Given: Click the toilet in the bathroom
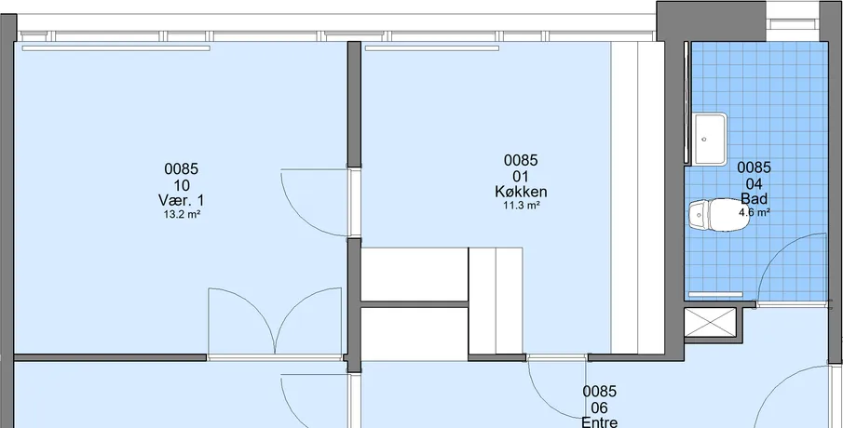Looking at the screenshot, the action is [x=718, y=215].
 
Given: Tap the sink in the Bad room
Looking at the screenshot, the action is [x=709, y=139].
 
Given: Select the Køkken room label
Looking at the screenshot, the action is [x=521, y=192].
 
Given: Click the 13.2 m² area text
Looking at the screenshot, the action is [x=182, y=215].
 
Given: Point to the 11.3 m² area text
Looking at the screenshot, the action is [x=521, y=205].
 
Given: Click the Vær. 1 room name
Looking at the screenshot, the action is [x=182, y=201].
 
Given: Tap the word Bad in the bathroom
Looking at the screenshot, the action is [x=755, y=199].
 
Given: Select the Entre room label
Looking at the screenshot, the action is [x=600, y=422].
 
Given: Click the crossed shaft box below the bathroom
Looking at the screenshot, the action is [x=710, y=322].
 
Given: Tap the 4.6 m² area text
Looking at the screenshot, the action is [x=755, y=212].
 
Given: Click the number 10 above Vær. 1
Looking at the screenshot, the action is [x=182, y=185].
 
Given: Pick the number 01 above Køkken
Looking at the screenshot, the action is [x=521, y=177].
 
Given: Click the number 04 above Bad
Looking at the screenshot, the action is [x=754, y=184].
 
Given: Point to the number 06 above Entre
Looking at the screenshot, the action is [x=600, y=408].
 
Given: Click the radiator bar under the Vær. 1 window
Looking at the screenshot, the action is [x=116, y=48].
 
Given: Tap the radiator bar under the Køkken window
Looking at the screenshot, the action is [x=432, y=48].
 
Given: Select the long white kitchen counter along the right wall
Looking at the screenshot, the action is [x=637, y=197].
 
